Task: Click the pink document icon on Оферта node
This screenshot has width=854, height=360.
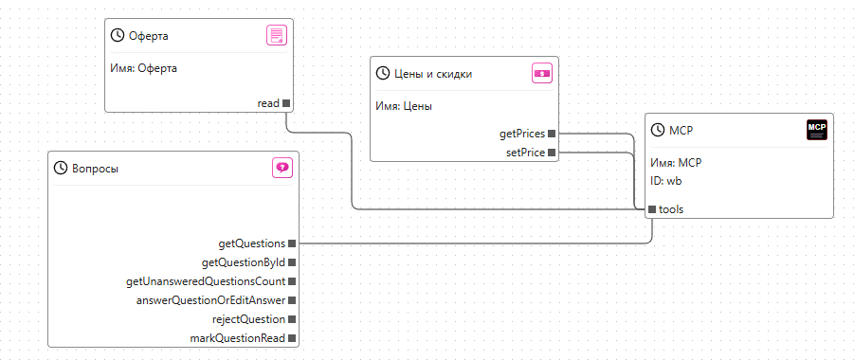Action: [276, 36]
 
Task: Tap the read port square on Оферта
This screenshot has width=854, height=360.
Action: [286, 103]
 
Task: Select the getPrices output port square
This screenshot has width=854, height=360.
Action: [552, 134]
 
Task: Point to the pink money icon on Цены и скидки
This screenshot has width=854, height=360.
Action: [542, 74]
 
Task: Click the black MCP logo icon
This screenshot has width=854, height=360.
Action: [816, 130]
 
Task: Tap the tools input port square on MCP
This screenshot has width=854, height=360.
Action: [652, 209]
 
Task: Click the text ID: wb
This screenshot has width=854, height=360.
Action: [666, 181]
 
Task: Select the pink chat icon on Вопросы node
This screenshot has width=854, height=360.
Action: [282, 168]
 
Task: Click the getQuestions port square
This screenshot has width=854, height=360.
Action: [292, 243]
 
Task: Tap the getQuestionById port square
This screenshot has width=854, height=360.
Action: [292, 262]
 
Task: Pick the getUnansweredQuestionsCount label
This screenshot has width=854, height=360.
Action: [206, 281]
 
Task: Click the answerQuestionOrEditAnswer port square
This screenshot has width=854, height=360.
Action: [292, 300]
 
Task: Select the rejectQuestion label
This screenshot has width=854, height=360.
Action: [249, 319]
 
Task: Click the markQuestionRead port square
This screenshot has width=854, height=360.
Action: [292, 338]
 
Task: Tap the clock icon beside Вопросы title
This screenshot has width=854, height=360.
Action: [60, 169]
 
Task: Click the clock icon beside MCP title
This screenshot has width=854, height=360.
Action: [658, 130]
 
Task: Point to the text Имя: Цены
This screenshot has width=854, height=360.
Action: [404, 107]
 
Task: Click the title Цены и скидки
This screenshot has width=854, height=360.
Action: [433, 74]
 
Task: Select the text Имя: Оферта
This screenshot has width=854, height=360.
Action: [144, 68]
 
